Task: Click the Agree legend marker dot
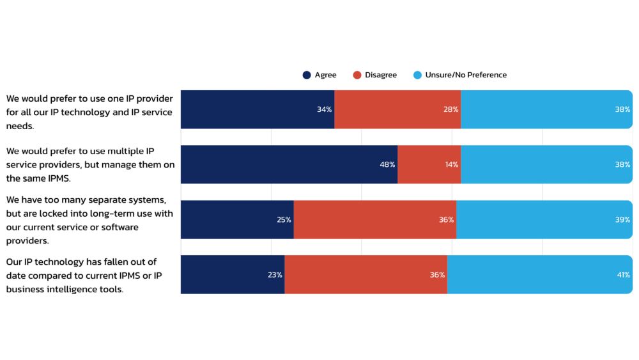pos(307,75)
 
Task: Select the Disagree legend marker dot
pos(357,75)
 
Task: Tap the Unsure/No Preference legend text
pos(466,75)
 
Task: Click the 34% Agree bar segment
pos(258,109)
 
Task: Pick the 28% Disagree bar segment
pos(397,109)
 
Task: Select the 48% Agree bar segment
pos(289,164)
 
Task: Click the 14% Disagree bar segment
pos(429,164)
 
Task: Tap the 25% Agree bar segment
pos(237,219)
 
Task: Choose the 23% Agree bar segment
pos(233,274)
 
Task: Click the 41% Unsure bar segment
pos(540,274)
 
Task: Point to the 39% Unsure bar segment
pos(544,219)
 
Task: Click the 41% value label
pos(622,275)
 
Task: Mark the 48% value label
pos(387,165)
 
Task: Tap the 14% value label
pos(451,165)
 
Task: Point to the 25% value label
pos(284,220)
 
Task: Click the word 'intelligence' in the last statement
pos(84,289)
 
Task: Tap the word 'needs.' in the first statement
pos(20,127)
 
